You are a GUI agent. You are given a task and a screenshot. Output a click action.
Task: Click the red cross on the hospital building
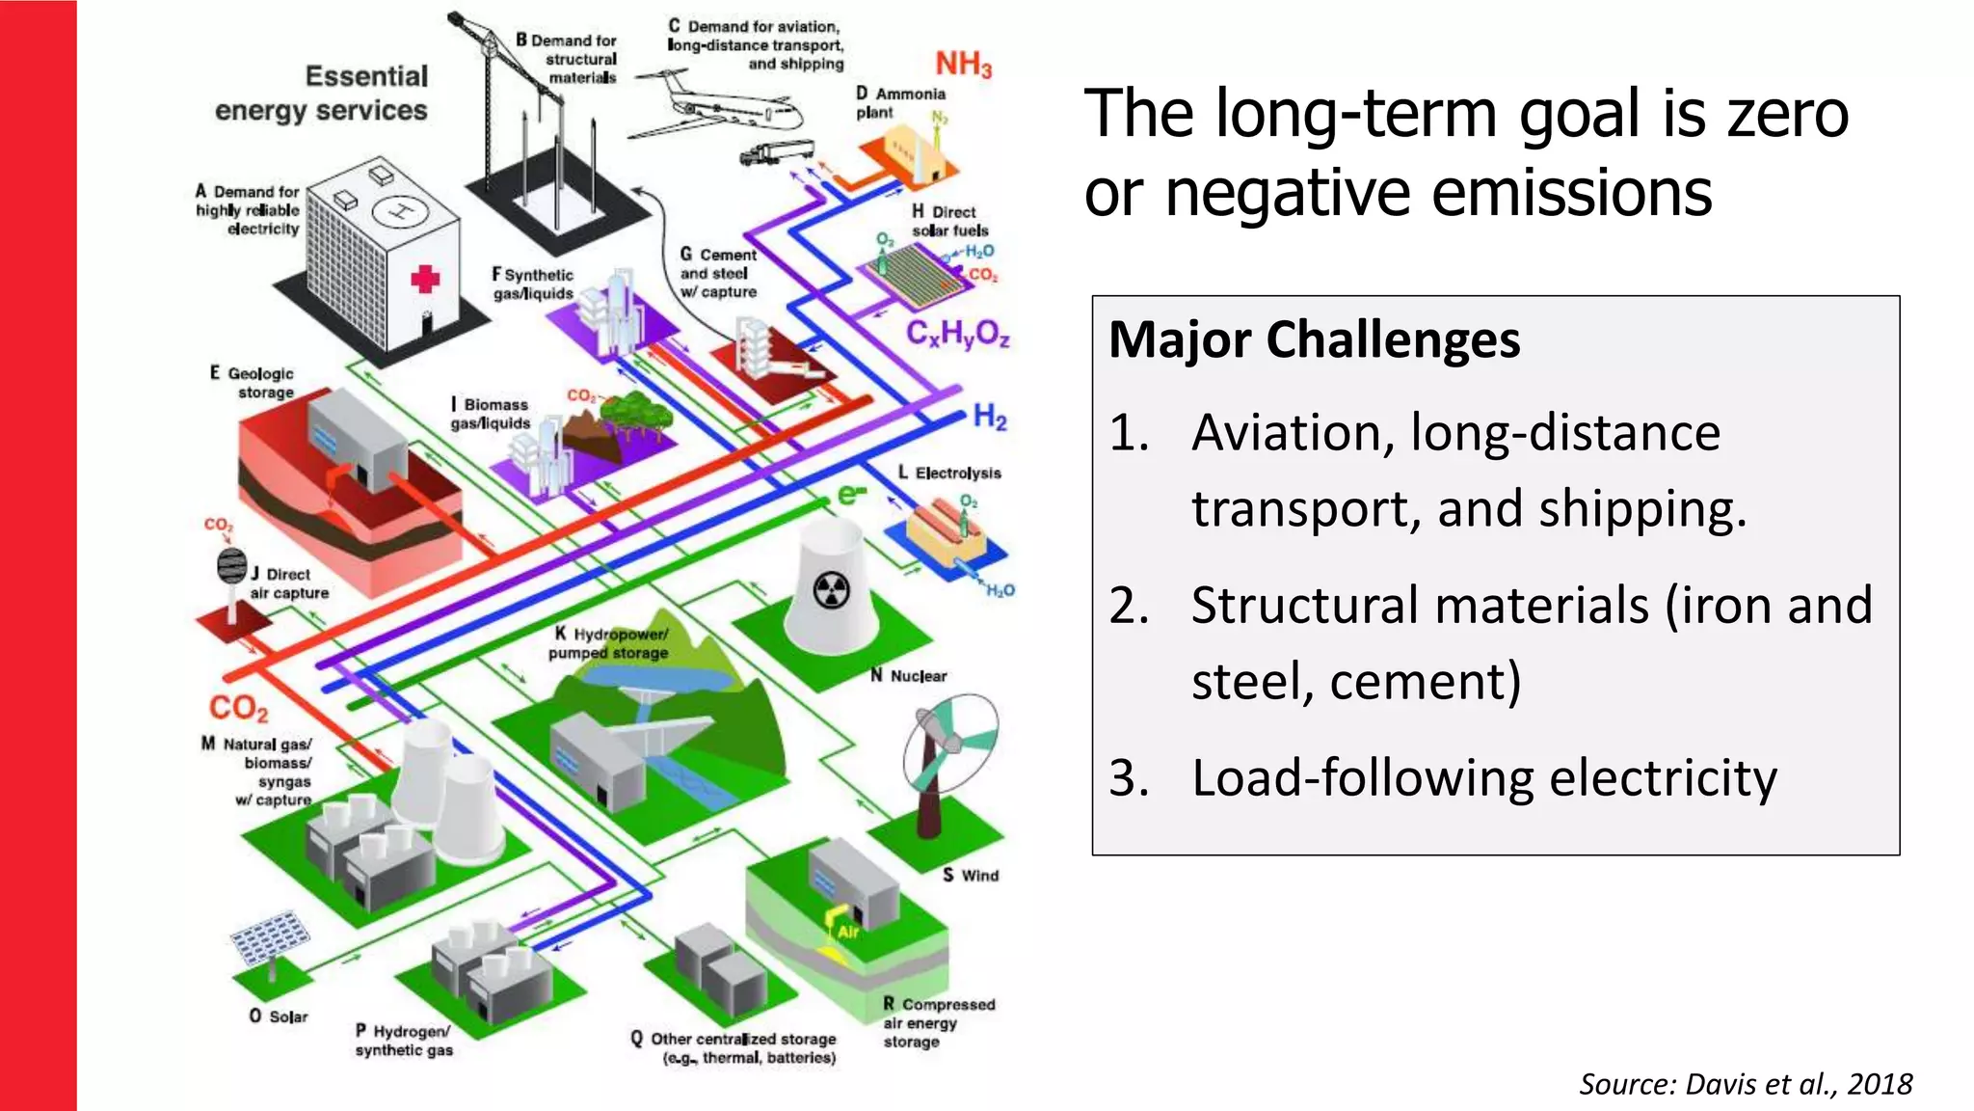(425, 280)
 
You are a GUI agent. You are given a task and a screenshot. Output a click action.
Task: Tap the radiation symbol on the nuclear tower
(832, 590)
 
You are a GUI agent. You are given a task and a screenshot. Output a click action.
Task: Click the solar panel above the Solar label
(271, 936)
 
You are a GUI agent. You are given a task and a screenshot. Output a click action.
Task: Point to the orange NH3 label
(963, 65)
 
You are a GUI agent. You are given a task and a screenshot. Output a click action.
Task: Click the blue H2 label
(990, 417)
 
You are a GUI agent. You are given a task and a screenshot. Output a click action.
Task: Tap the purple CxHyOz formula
(957, 334)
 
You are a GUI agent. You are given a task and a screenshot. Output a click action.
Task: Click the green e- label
(851, 495)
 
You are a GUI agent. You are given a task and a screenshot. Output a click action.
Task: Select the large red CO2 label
(238, 708)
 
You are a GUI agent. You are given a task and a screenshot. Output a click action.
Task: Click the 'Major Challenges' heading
(1314, 339)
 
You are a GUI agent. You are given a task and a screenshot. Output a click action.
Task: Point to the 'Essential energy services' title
(322, 94)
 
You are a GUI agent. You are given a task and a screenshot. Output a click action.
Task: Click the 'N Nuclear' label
(909, 676)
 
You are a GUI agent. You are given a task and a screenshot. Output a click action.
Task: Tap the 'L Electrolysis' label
(949, 473)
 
